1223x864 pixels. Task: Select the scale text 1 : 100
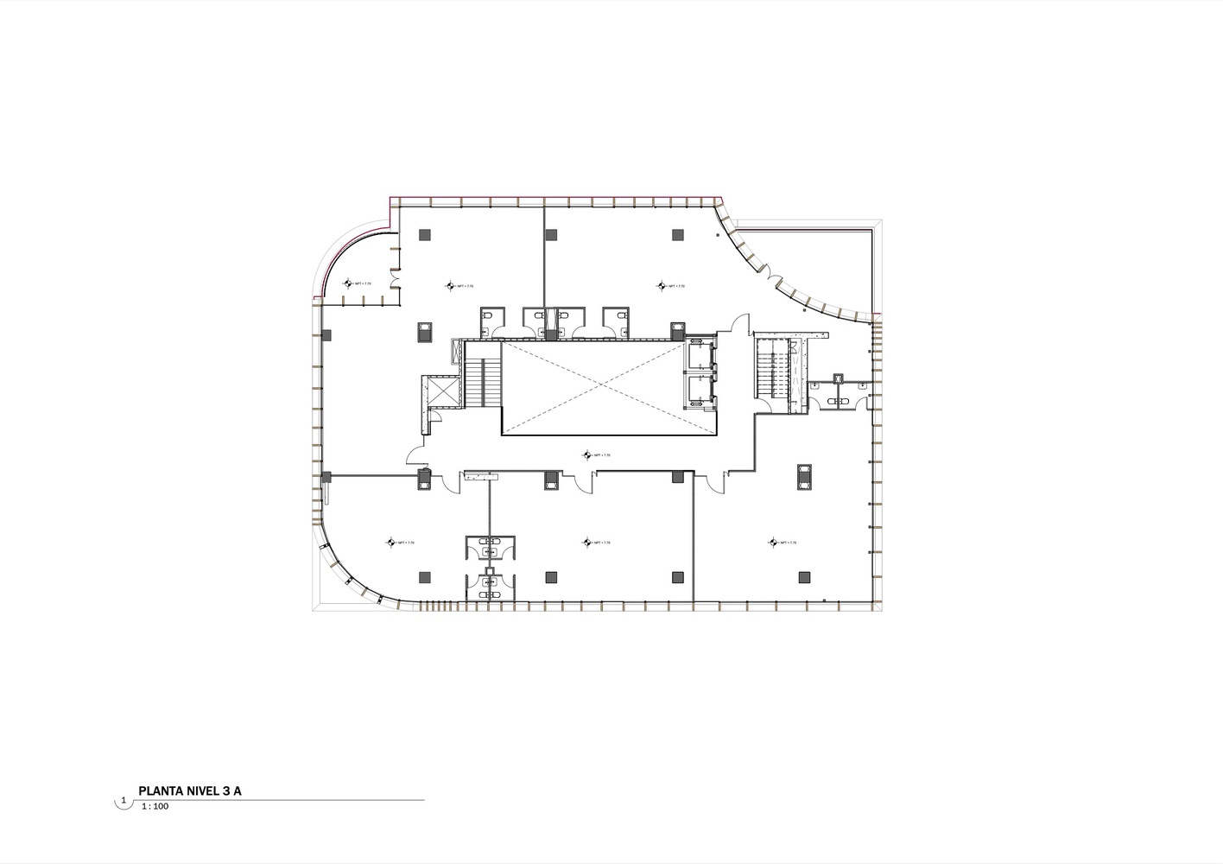click(x=156, y=805)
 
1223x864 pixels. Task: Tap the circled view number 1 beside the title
click(x=124, y=801)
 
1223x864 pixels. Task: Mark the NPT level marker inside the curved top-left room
click(x=350, y=283)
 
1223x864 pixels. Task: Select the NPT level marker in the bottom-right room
click(x=773, y=543)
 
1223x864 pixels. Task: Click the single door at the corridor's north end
click(x=736, y=327)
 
